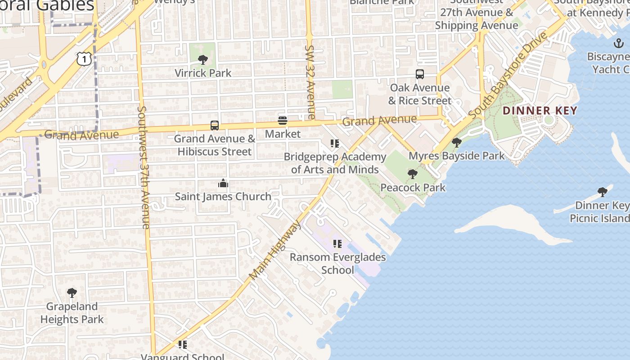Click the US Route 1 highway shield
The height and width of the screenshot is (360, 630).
tap(84, 58)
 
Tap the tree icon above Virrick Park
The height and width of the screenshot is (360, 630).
tap(203, 59)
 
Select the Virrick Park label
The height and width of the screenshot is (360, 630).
tap(203, 73)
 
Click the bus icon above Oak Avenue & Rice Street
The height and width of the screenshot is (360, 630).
tap(420, 74)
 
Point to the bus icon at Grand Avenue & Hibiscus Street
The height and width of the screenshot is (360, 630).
tap(215, 126)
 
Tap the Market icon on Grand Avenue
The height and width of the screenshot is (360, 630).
tap(283, 121)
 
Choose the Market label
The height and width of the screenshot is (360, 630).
tap(283, 134)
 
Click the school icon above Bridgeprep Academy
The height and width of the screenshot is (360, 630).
tap(335, 144)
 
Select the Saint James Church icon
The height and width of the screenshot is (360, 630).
tap(223, 183)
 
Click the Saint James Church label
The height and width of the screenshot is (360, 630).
tap(223, 197)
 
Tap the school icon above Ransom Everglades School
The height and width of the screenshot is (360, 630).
tap(337, 244)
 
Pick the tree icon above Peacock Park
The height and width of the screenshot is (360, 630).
tap(412, 174)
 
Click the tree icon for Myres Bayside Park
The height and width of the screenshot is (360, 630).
tap(457, 143)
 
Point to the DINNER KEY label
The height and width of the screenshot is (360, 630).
tap(540, 111)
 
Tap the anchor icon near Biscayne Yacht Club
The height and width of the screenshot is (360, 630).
tap(619, 43)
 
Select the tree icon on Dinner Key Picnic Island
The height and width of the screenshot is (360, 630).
tap(603, 192)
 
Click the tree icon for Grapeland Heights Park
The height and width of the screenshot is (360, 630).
tap(72, 293)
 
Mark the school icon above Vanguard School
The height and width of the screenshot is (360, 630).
tap(182, 345)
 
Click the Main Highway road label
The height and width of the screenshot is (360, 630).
tap(276, 250)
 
